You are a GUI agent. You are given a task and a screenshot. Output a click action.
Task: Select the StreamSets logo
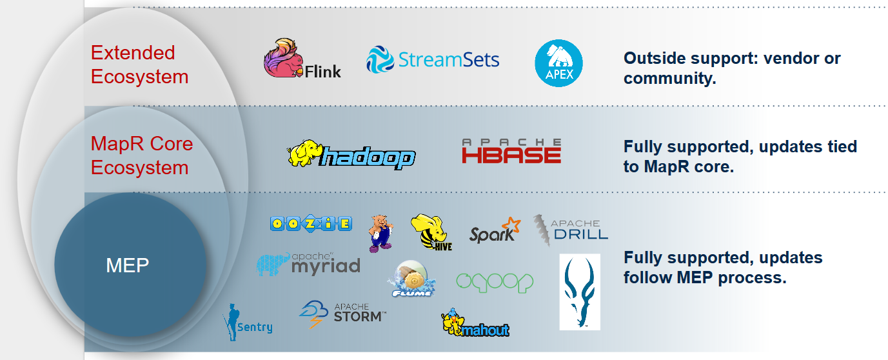point(433,59)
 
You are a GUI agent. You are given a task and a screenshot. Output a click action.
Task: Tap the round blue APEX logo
point(558,63)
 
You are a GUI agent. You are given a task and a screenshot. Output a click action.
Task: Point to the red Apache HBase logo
point(511,151)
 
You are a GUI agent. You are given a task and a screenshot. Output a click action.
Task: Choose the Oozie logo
point(311,224)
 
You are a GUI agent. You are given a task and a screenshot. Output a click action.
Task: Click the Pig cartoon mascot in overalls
point(380,234)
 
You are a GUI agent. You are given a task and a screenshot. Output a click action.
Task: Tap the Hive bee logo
point(431,232)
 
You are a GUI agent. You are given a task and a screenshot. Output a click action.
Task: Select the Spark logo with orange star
point(495,230)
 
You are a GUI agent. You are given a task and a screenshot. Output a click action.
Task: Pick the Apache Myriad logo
point(308,264)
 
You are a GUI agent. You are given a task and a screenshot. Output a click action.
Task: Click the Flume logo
point(411,279)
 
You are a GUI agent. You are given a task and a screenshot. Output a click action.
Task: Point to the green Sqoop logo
point(495,283)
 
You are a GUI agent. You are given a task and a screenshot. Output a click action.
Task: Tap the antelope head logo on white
point(580,292)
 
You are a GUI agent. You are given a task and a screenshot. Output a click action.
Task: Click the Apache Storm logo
point(342,314)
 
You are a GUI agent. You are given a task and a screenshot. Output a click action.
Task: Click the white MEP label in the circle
point(127,265)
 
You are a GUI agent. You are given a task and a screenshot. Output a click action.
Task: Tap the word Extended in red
point(133,52)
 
